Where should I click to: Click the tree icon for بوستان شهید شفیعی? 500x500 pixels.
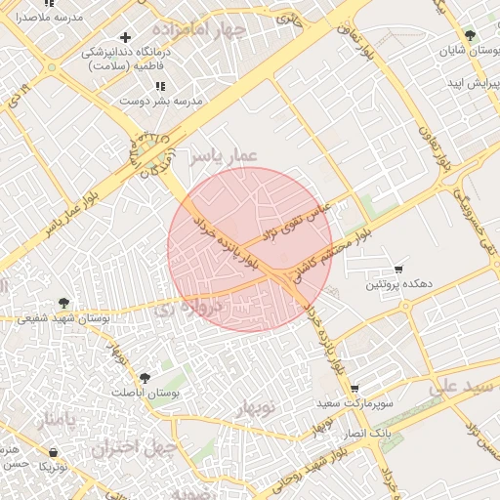click(x=65, y=303)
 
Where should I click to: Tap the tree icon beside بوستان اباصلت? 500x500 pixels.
click(x=145, y=376)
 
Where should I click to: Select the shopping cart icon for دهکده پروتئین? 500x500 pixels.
click(x=398, y=269)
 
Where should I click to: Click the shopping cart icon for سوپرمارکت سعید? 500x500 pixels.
click(x=354, y=388)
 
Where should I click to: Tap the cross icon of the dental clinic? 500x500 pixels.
click(x=125, y=37)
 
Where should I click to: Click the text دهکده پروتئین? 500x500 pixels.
click(x=398, y=284)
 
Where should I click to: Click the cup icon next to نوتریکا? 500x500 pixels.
click(x=52, y=452)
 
